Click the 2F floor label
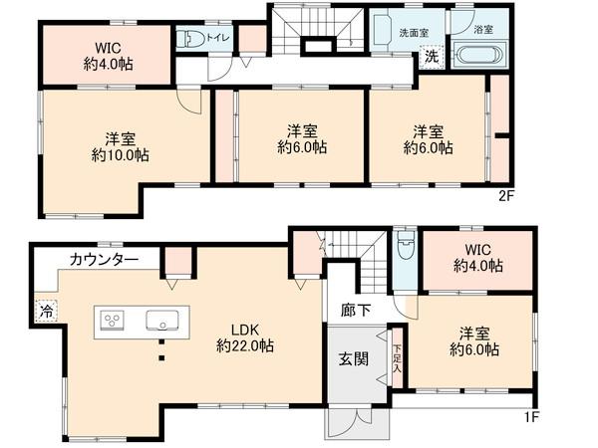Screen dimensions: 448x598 point(506,196)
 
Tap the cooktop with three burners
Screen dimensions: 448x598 point(113,321)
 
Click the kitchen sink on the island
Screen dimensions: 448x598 point(160,321)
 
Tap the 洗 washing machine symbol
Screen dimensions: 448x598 point(431,57)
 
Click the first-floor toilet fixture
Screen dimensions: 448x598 point(403,250)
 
